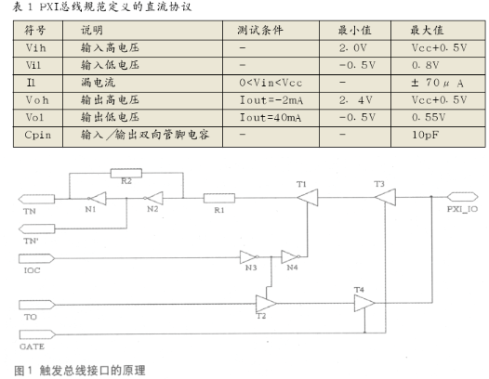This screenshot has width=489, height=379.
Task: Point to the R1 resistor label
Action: pos(219,211)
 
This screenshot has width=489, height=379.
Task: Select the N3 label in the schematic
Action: pos(251,268)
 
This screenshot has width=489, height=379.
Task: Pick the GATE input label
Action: pos(32,345)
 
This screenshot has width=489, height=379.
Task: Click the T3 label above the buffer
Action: pos(378,184)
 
